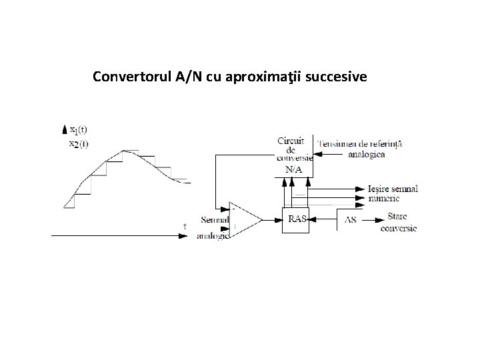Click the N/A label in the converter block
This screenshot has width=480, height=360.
[293, 170]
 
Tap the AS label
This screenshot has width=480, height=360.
[351, 219]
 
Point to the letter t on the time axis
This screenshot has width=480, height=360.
[185, 227]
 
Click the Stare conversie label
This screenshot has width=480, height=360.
[397, 223]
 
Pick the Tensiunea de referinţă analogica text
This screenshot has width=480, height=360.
[361, 148]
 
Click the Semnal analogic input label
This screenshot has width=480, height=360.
[215, 227]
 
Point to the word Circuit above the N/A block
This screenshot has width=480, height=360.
[291, 141]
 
